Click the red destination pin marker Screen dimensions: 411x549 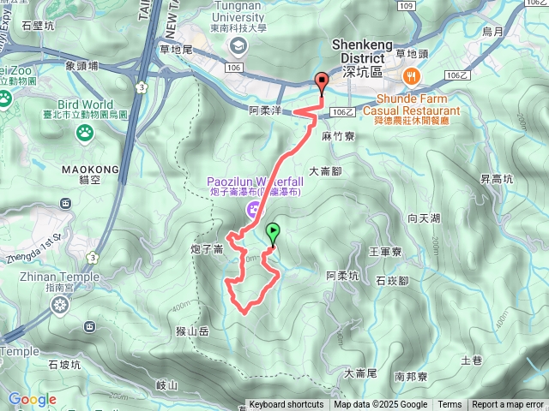tap(323, 83)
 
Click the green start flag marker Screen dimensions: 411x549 tap(273, 231)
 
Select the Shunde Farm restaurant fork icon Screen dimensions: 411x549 tap(413, 76)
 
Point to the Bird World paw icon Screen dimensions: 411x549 tap(85, 132)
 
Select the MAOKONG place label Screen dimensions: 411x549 tap(84, 170)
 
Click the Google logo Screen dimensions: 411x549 tap(32, 399)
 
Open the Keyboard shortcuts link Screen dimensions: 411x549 tap(286, 405)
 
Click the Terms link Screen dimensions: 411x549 tap(449, 405)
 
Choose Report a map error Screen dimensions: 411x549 tap(508, 405)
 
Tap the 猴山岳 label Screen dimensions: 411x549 tap(191, 330)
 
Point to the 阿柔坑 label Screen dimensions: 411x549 tap(342, 276)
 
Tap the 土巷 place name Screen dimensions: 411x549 tap(472, 360)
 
